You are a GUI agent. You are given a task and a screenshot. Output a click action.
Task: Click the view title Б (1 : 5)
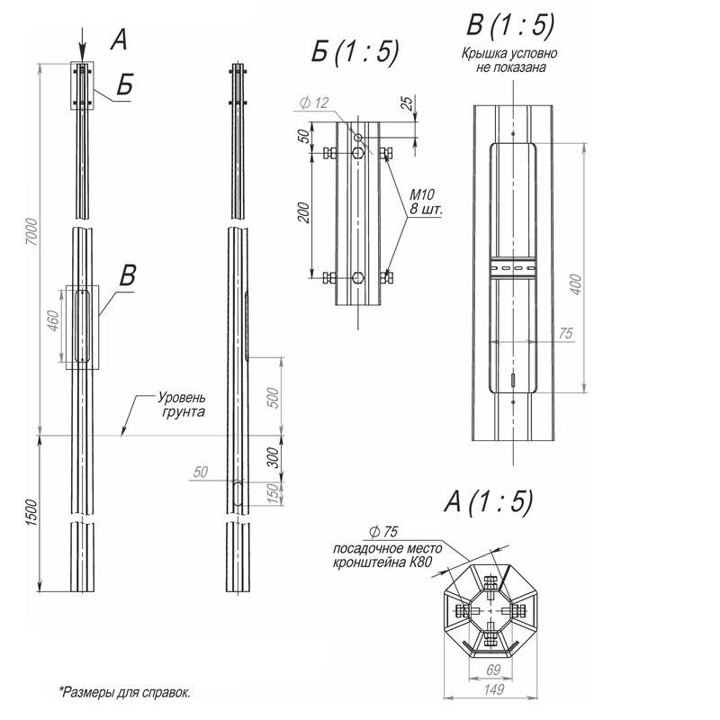(x=355, y=52)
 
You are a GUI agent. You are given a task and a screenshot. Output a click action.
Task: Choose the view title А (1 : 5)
(x=488, y=501)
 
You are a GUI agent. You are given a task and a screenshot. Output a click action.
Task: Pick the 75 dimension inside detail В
(x=565, y=334)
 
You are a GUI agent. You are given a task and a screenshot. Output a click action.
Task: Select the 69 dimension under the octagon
(x=493, y=669)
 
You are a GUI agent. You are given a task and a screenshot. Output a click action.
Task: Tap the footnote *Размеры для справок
(x=125, y=692)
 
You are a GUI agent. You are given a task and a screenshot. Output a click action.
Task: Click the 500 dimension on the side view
(x=274, y=396)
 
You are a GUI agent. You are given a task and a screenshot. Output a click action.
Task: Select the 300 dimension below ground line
(x=274, y=458)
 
